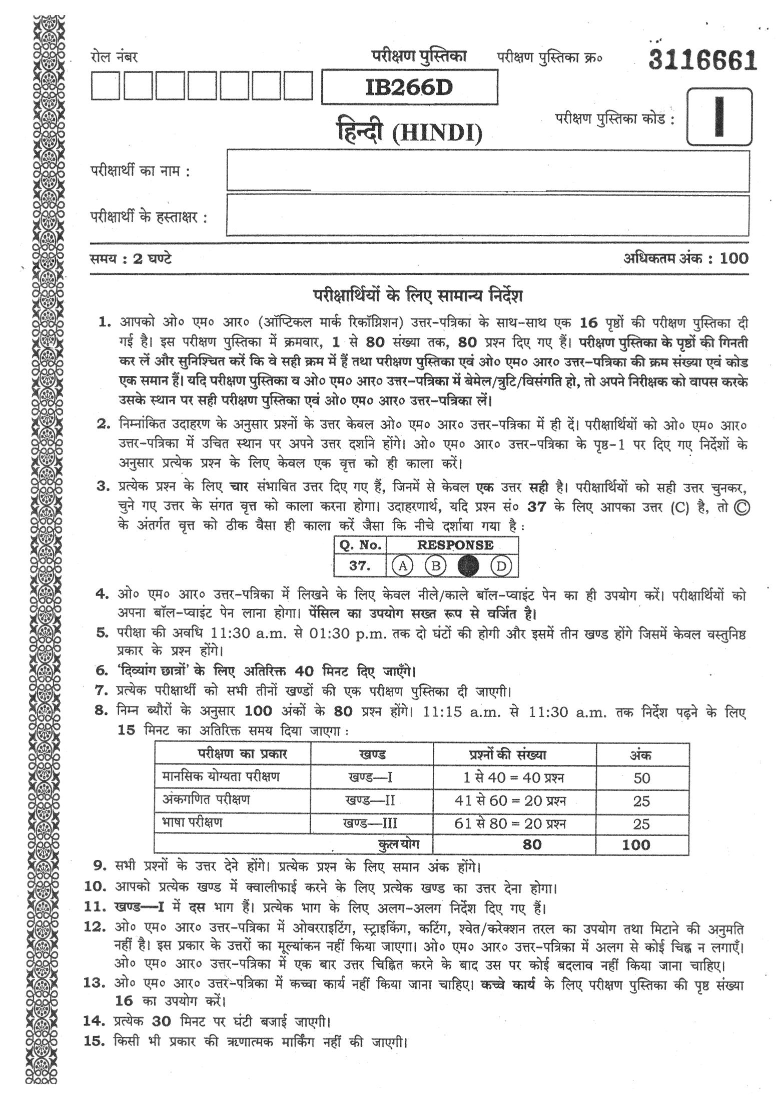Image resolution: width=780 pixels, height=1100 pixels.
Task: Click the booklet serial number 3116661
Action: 702,61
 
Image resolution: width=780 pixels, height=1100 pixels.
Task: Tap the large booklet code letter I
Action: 719,116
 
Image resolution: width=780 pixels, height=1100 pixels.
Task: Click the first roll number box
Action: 105,87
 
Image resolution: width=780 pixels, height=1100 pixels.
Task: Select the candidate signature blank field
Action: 488,215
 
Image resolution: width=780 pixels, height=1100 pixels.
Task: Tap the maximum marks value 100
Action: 734,258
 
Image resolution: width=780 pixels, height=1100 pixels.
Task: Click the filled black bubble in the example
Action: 468,566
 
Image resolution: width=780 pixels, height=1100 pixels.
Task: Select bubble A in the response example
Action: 402,566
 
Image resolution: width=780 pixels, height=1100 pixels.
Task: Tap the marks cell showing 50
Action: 641,778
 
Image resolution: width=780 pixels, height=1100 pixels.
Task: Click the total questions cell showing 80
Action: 531,844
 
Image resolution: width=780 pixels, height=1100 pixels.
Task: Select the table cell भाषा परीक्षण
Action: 192,822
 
